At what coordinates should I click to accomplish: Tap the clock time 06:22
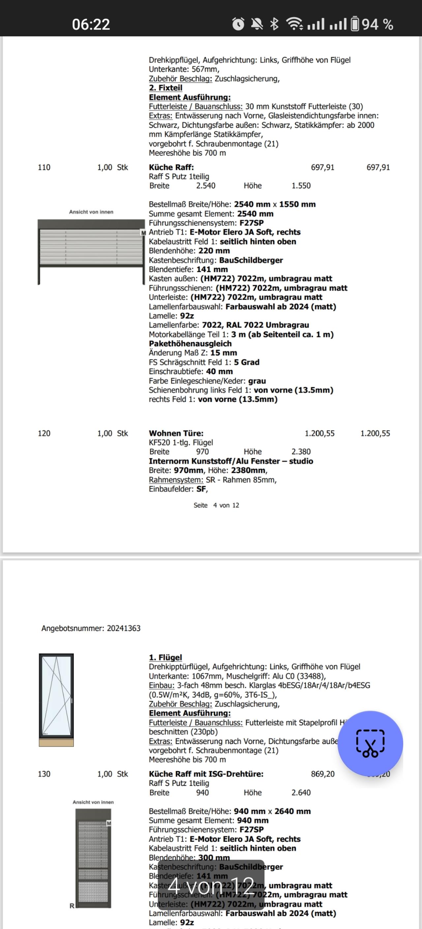pos(91,24)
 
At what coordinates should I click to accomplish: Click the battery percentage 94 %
pos(377,24)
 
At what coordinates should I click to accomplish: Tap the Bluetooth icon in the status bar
pos(274,24)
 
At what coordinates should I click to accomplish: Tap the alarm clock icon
pos(238,24)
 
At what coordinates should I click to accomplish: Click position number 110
pos(44,167)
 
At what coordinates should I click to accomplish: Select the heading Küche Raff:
pos(171,167)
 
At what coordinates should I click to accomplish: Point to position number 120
pos(44,433)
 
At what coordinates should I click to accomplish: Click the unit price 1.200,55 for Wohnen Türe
pos(319,433)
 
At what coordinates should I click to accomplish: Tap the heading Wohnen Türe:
pos(176,433)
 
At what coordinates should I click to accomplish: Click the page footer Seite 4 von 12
pos(216,505)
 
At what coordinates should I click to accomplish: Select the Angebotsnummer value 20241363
pos(124,628)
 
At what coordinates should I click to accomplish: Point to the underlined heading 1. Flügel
pos(166,657)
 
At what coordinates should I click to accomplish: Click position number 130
pos(44,774)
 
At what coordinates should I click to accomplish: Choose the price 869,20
pos(322,774)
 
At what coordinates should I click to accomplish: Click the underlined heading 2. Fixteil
pos(166,88)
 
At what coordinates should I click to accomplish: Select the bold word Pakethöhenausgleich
pos(190,344)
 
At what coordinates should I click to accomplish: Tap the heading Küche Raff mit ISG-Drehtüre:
pos(206,774)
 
